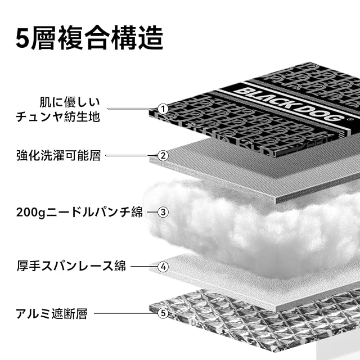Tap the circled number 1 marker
[163, 109]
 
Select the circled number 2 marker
[163, 156]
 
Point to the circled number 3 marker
[163, 212]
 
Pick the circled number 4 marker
[163, 267]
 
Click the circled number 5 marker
[163, 312]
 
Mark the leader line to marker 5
[125, 313]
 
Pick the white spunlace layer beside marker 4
[225, 276]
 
